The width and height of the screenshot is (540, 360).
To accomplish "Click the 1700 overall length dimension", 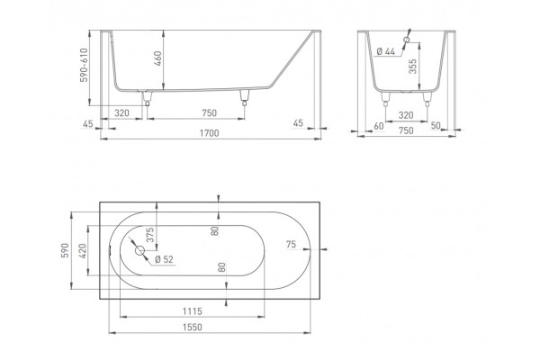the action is coord(210,133).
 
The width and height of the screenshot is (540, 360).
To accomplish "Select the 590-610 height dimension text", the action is coord(84,65).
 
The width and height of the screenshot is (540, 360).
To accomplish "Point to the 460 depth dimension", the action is coord(157,58).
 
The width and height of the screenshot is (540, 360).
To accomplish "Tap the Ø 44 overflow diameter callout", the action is coord(386,51).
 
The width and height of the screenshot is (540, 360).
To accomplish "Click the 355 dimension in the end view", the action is coord(412,66).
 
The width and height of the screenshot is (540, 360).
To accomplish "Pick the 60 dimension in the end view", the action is coord(379,126).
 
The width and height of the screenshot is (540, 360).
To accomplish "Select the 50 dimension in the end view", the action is coord(436,125).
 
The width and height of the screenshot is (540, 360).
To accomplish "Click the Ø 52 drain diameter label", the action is coord(164,259).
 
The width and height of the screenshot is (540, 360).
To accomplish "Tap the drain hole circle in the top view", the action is coord(139,250).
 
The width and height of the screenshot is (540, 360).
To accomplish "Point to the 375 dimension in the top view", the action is coord(150,235).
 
